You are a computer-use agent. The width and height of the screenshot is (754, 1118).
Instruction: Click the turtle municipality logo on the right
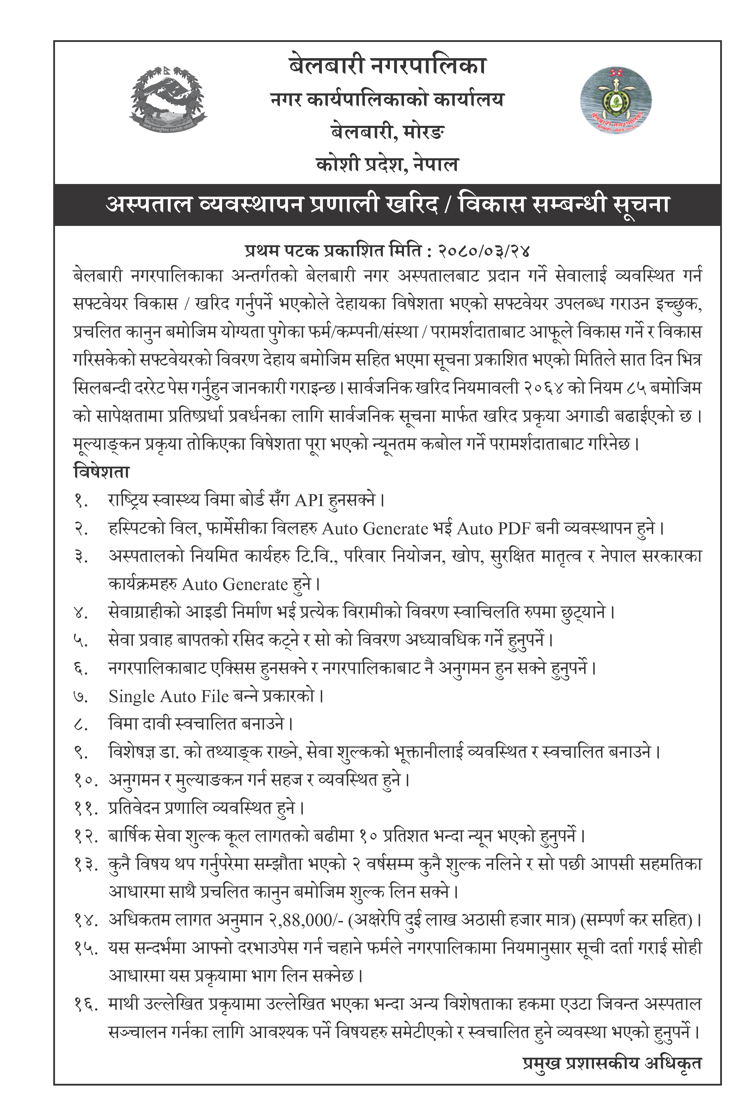[x=615, y=100]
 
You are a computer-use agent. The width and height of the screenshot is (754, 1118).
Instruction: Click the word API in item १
[x=309, y=500]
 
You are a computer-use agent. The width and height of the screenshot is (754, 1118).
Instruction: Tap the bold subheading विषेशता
[x=102, y=472]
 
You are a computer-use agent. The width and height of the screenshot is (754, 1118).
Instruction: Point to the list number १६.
[x=86, y=1004]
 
